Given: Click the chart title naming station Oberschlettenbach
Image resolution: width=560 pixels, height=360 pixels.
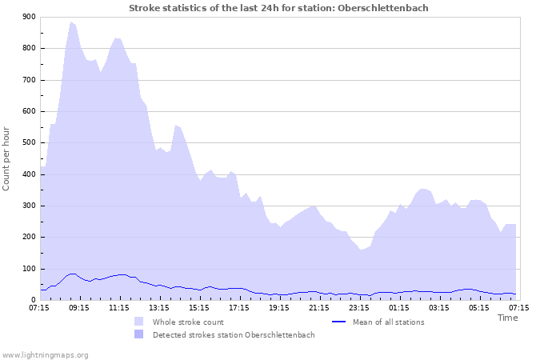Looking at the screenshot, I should (x=278, y=8).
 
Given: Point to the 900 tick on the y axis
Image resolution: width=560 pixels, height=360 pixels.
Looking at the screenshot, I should (x=28, y=17).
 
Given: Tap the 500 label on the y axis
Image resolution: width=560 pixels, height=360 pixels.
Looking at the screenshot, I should (x=28, y=143).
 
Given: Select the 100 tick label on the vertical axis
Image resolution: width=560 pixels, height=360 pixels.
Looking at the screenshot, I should (x=28, y=269).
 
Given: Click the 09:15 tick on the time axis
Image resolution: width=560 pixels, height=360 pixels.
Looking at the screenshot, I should (x=79, y=306).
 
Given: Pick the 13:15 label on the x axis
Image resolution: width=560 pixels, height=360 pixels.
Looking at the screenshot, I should (x=159, y=306).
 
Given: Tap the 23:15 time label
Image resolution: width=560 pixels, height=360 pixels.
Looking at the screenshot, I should (x=359, y=306).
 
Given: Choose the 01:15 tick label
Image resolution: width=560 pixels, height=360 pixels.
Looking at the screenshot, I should (x=399, y=306).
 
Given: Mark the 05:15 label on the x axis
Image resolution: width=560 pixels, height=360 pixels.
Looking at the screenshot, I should (x=479, y=306).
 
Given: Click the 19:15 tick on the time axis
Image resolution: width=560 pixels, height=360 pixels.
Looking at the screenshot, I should (x=279, y=306).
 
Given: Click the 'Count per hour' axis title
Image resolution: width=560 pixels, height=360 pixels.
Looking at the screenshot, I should (x=7, y=158).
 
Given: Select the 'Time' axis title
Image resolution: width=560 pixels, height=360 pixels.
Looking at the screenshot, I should (x=508, y=318).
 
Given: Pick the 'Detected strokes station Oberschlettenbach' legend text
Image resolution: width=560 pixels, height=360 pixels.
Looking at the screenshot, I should (x=234, y=335).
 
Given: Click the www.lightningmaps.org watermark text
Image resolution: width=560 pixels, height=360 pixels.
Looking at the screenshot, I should (x=45, y=354).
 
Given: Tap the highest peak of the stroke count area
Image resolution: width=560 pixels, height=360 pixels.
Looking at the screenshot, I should (x=71, y=22).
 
